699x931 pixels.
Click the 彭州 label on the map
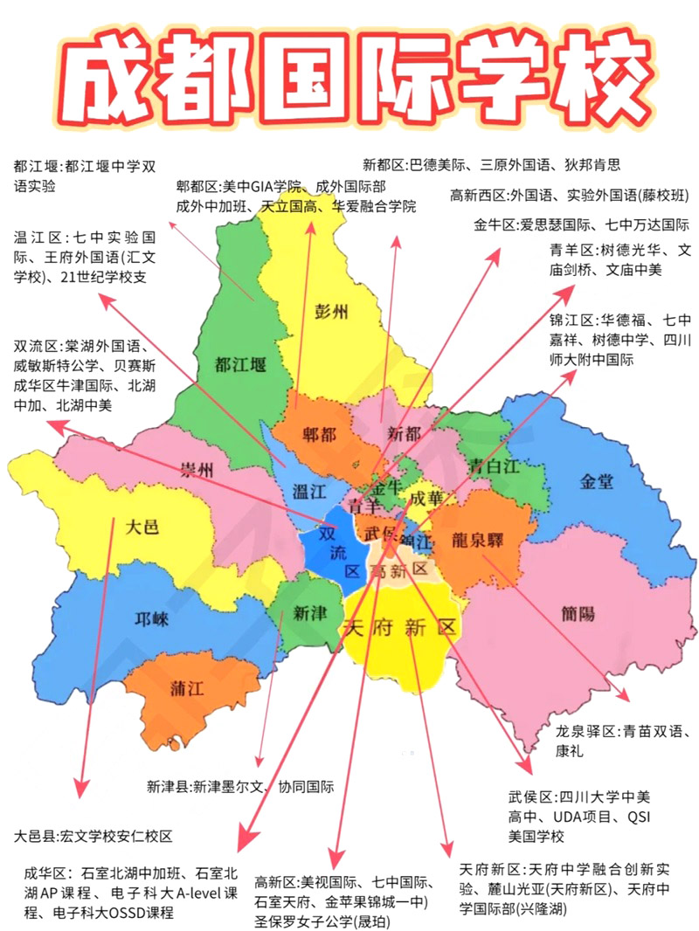pos(329,312)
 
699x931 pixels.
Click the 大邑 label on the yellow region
pos(142,527)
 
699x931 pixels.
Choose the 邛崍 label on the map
pos(151,619)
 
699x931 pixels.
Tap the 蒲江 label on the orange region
pos(187,689)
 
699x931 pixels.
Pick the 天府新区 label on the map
pos(400,627)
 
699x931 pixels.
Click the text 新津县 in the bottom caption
pos(169,786)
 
